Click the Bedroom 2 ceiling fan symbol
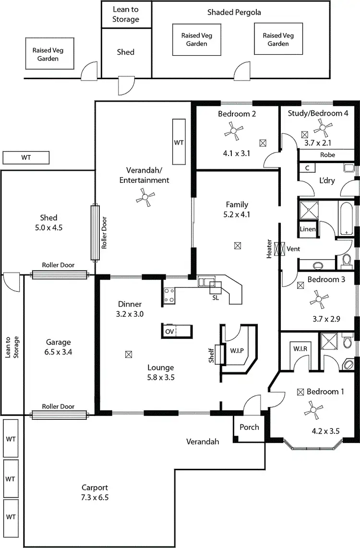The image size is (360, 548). pos(235,131)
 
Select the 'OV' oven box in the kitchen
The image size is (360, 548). pos(169,332)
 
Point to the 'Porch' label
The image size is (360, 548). pos(249,427)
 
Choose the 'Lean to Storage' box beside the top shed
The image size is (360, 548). pos(126,14)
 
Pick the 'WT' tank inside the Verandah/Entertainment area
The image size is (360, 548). pos(179,143)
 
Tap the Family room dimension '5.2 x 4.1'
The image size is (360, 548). pos(237,214)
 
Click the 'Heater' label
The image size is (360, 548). pos(269,250)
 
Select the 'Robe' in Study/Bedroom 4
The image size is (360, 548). pos(328,155)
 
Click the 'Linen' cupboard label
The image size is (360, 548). pos(308,229)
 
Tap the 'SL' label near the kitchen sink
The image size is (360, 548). pos(216,298)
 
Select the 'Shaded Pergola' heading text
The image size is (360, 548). pos(234,12)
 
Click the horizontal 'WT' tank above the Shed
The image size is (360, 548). pos(26,157)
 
